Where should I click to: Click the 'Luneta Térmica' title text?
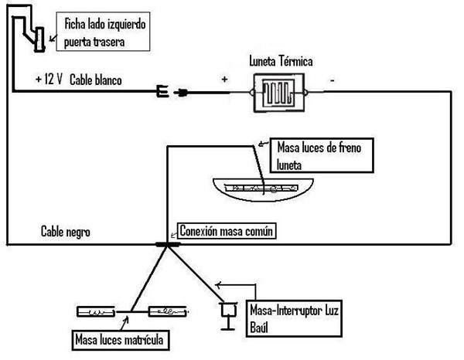pos(281,60)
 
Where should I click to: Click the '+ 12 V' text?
pos(49,80)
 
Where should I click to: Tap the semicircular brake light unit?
pos(264,187)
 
